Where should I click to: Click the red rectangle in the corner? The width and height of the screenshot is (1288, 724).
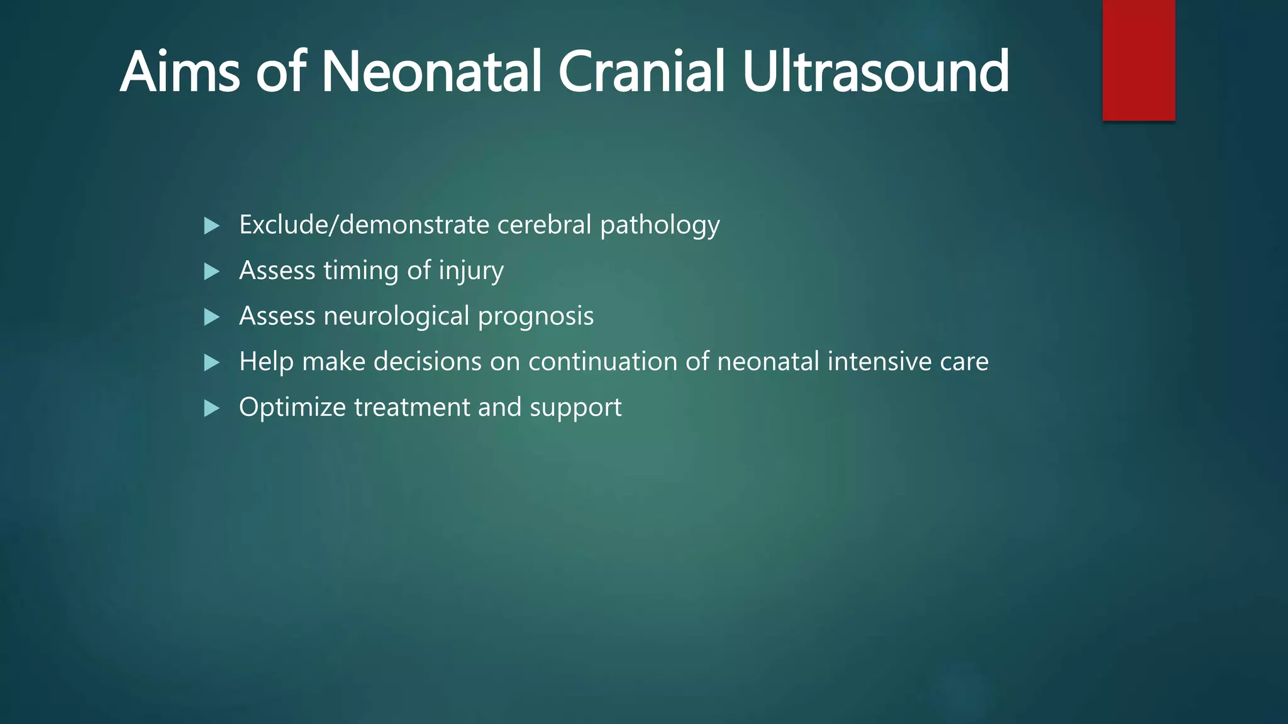1138,60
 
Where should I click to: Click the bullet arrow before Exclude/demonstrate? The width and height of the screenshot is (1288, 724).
212,226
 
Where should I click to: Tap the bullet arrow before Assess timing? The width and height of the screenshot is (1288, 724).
212,271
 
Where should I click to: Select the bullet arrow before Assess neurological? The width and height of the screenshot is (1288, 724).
212,317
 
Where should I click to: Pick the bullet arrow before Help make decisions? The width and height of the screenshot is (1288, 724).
212,363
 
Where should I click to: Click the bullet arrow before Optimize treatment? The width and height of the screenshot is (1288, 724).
212,409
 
